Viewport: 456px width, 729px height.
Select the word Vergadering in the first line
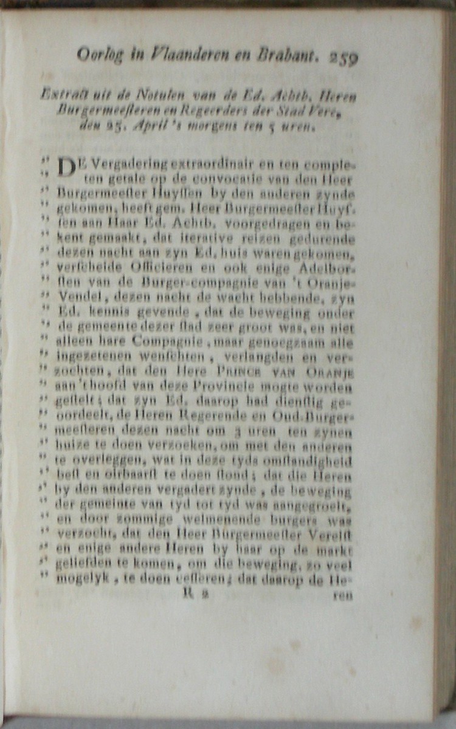[x=114, y=165]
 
